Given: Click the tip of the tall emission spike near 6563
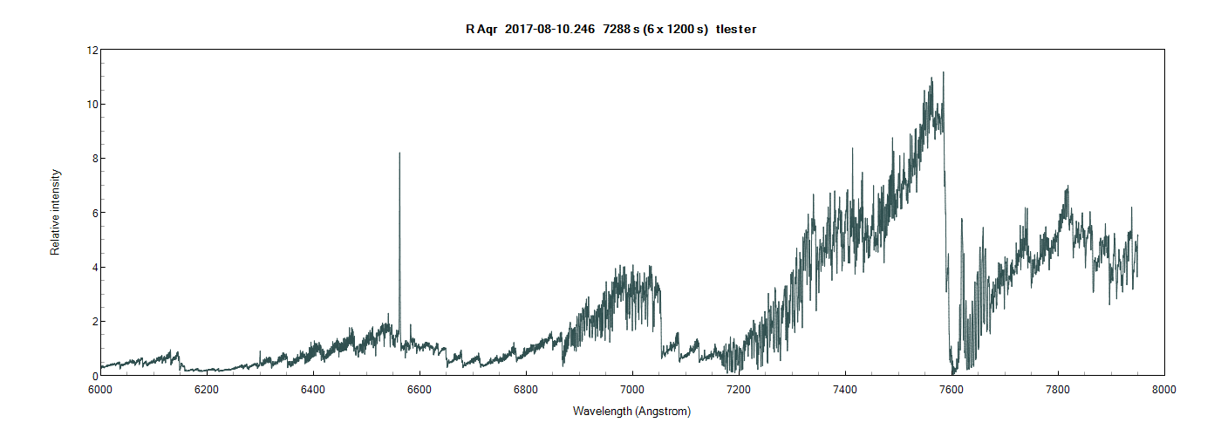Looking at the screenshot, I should (x=399, y=153).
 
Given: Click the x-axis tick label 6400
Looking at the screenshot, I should (x=312, y=389).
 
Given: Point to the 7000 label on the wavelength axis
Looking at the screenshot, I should (x=631, y=389).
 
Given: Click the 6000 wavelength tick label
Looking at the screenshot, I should (x=99, y=389).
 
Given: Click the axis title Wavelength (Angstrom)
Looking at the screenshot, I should (x=631, y=411).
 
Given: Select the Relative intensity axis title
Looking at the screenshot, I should (x=55, y=212).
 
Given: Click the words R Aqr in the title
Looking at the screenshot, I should (x=481, y=30).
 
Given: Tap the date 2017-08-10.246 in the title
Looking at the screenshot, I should (x=549, y=30).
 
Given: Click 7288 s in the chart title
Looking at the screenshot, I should (x=621, y=30).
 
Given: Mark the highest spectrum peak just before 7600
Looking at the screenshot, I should (x=944, y=72).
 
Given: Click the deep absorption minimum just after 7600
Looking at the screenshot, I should (x=954, y=373).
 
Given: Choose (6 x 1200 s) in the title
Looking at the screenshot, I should (x=675, y=30).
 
